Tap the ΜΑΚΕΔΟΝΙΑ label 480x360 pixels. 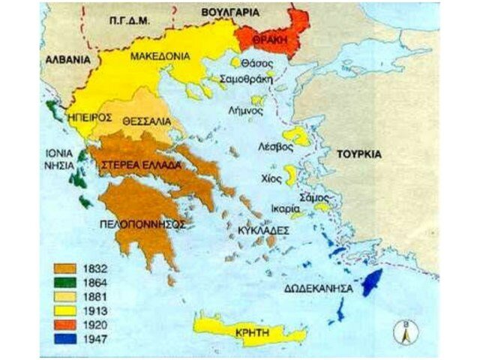(x=160, y=56)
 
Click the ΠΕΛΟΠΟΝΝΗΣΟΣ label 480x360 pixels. (x=141, y=223)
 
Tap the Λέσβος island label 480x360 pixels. (x=274, y=147)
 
